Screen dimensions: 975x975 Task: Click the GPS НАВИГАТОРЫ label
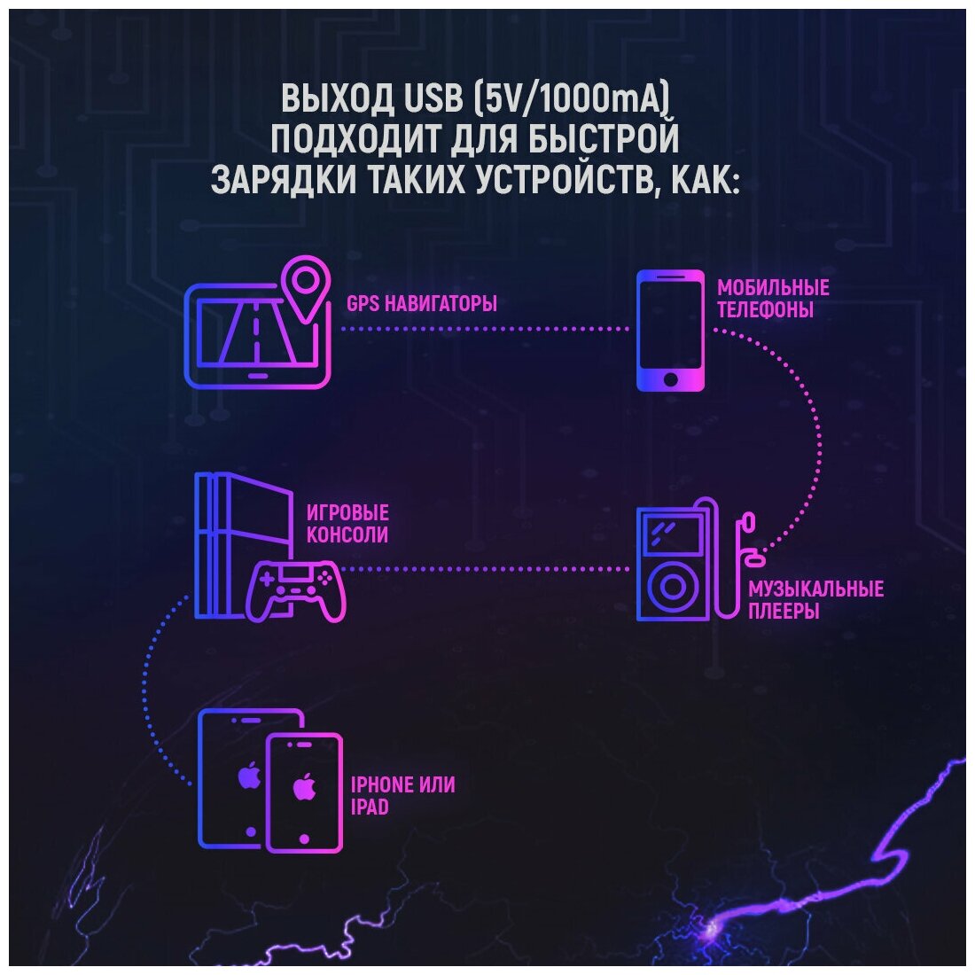[x=421, y=303]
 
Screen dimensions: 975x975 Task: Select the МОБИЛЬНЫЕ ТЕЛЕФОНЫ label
[x=773, y=299]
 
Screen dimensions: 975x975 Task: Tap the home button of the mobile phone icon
[x=671, y=379]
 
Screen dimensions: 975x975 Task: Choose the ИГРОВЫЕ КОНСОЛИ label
[x=347, y=524]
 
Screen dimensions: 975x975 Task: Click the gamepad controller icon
[x=296, y=589]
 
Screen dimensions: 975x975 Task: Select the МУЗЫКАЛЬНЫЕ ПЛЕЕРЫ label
[x=815, y=600]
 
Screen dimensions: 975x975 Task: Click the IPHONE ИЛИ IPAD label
[x=403, y=795]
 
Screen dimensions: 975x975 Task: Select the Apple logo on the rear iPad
[x=249, y=776]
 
